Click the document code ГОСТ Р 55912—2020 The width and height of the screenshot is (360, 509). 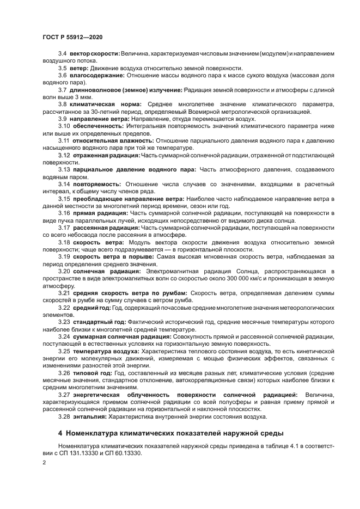(72, 36)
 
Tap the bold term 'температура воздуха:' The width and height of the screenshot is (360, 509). (106, 352)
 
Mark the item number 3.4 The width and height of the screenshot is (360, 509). (62, 53)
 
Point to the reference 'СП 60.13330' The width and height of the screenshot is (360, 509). (123, 453)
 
